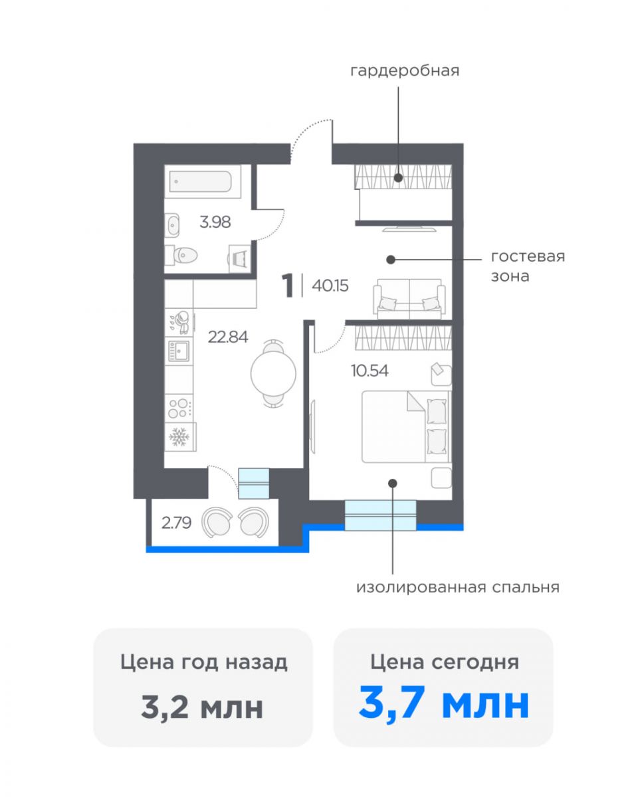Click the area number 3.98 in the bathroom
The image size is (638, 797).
215,222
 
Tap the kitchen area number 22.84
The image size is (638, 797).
227,337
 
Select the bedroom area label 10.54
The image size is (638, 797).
370,371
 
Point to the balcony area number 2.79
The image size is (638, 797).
176,523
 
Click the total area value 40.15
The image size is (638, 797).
330,286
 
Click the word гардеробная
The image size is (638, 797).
405,70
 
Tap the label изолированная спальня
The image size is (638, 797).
458,587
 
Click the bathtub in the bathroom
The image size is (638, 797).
201,181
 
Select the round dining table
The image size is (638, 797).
273,373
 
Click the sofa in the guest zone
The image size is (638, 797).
409,299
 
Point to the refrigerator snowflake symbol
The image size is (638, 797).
179,438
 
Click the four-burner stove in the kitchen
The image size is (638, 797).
179,408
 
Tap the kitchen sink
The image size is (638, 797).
179,351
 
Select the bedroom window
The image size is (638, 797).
380,515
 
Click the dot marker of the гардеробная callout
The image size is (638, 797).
398,178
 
